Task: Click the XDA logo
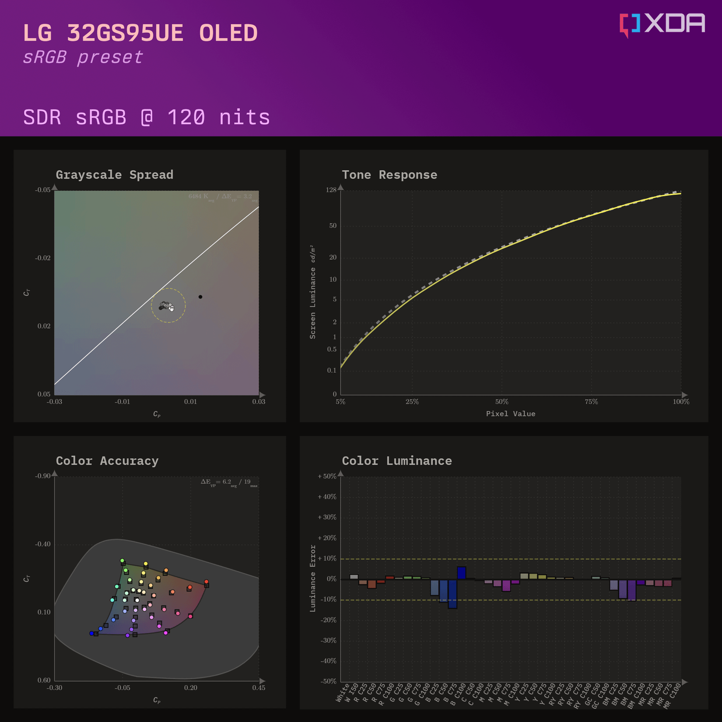coord(662,24)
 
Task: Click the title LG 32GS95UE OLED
coord(140,33)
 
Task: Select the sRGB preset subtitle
coord(83,57)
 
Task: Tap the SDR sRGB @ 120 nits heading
coord(147,117)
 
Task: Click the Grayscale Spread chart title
coord(115,175)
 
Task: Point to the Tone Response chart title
coord(389,175)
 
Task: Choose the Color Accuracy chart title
coord(107,461)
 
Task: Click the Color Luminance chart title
coord(397,461)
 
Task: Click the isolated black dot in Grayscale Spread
coord(200,297)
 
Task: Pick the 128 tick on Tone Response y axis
coord(331,190)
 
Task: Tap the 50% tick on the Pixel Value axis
coord(502,402)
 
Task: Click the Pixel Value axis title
coord(511,414)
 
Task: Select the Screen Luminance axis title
coord(312,292)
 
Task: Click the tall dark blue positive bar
coord(462,573)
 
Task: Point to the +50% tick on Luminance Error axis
coord(327,476)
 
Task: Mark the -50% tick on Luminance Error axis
coord(328,681)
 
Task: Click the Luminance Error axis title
coord(312,578)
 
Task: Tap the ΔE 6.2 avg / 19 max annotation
coord(229,482)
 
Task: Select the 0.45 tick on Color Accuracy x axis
coord(259,688)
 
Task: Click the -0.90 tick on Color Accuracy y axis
coord(43,476)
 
